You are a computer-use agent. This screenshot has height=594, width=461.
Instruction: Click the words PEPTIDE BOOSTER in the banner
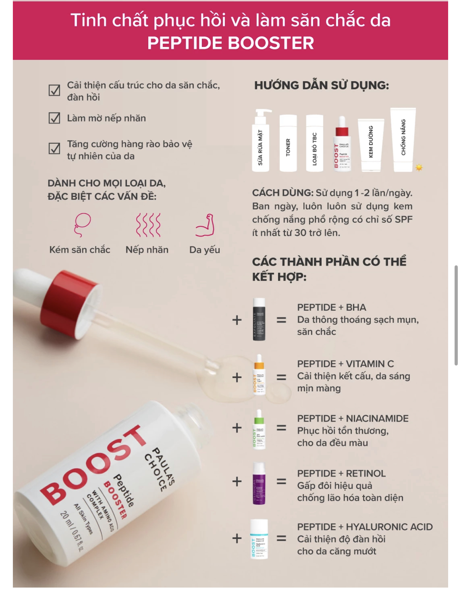pyautogui.click(x=230, y=43)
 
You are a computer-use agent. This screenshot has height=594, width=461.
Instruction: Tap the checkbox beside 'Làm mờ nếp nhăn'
pyautogui.click(x=54, y=118)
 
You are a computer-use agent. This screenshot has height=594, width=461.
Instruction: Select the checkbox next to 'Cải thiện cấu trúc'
pyautogui.click(x=54, y=90)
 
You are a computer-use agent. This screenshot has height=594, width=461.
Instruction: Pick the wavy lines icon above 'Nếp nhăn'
pyautogui.click(x=148, y=225)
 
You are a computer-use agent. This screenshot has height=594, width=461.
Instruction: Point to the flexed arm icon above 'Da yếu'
pyautogui.click(x=205, y=225)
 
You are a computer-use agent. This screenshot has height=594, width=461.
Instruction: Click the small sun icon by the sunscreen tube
pyautogui.click(x=419, y=167)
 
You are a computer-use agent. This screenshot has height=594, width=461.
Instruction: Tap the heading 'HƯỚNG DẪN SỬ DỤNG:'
pyautogui.click(x=322, y=85)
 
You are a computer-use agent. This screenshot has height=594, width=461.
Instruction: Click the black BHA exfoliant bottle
pyautogui.click(x=259, y=319)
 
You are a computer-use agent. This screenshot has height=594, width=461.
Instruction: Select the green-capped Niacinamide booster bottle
pyautogui.click(x=259, y=429)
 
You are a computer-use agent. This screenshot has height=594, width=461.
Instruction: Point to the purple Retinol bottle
pyautogui.click(x=259, y=483)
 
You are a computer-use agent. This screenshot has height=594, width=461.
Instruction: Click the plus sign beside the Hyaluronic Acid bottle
pyautogui.click(x=237, y=538)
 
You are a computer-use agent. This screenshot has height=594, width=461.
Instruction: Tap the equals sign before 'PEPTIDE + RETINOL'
pyautogui.click(x=282, y=482)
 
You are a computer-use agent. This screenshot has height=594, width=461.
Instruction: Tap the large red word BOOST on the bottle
pyautogui.click(x=93, y=465)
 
